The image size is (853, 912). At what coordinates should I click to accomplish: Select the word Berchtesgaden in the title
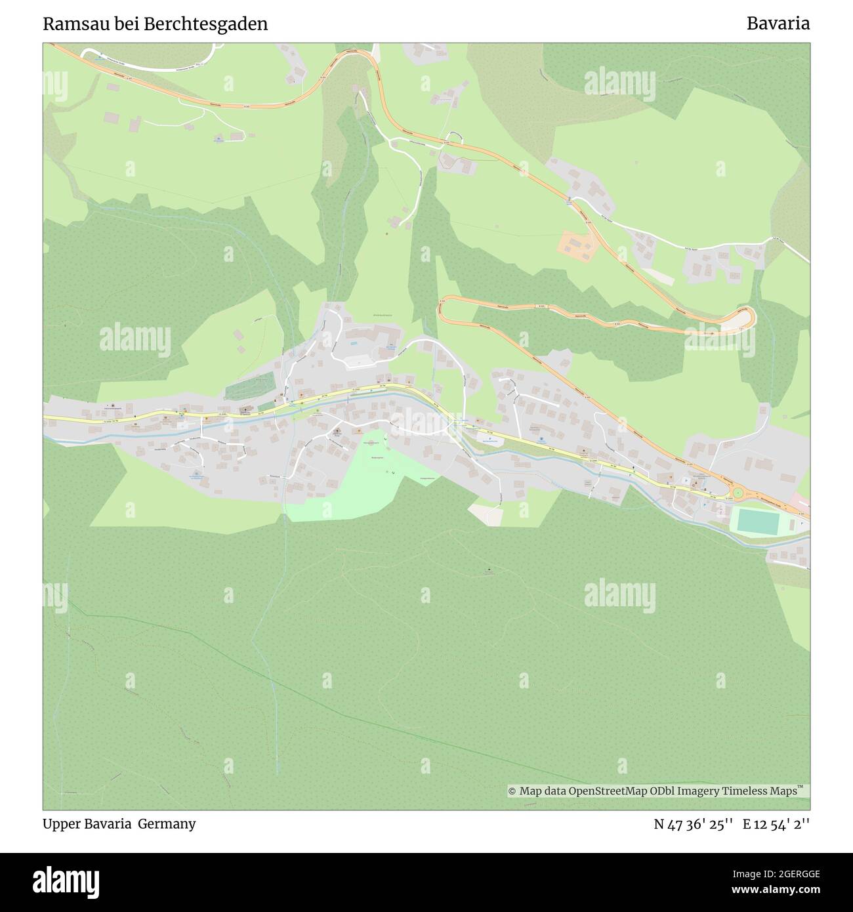click(208, 24)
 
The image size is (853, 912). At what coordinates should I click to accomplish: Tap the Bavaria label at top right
click(778, 24)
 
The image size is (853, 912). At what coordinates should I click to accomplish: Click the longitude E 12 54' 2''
click(776, 825)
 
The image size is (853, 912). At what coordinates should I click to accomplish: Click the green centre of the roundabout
click(738, 493)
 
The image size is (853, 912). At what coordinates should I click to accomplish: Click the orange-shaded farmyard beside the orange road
click(575, 243)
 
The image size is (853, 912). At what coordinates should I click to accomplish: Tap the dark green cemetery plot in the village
click(249, 388)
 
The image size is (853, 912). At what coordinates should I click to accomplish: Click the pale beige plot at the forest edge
click(486, 515)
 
